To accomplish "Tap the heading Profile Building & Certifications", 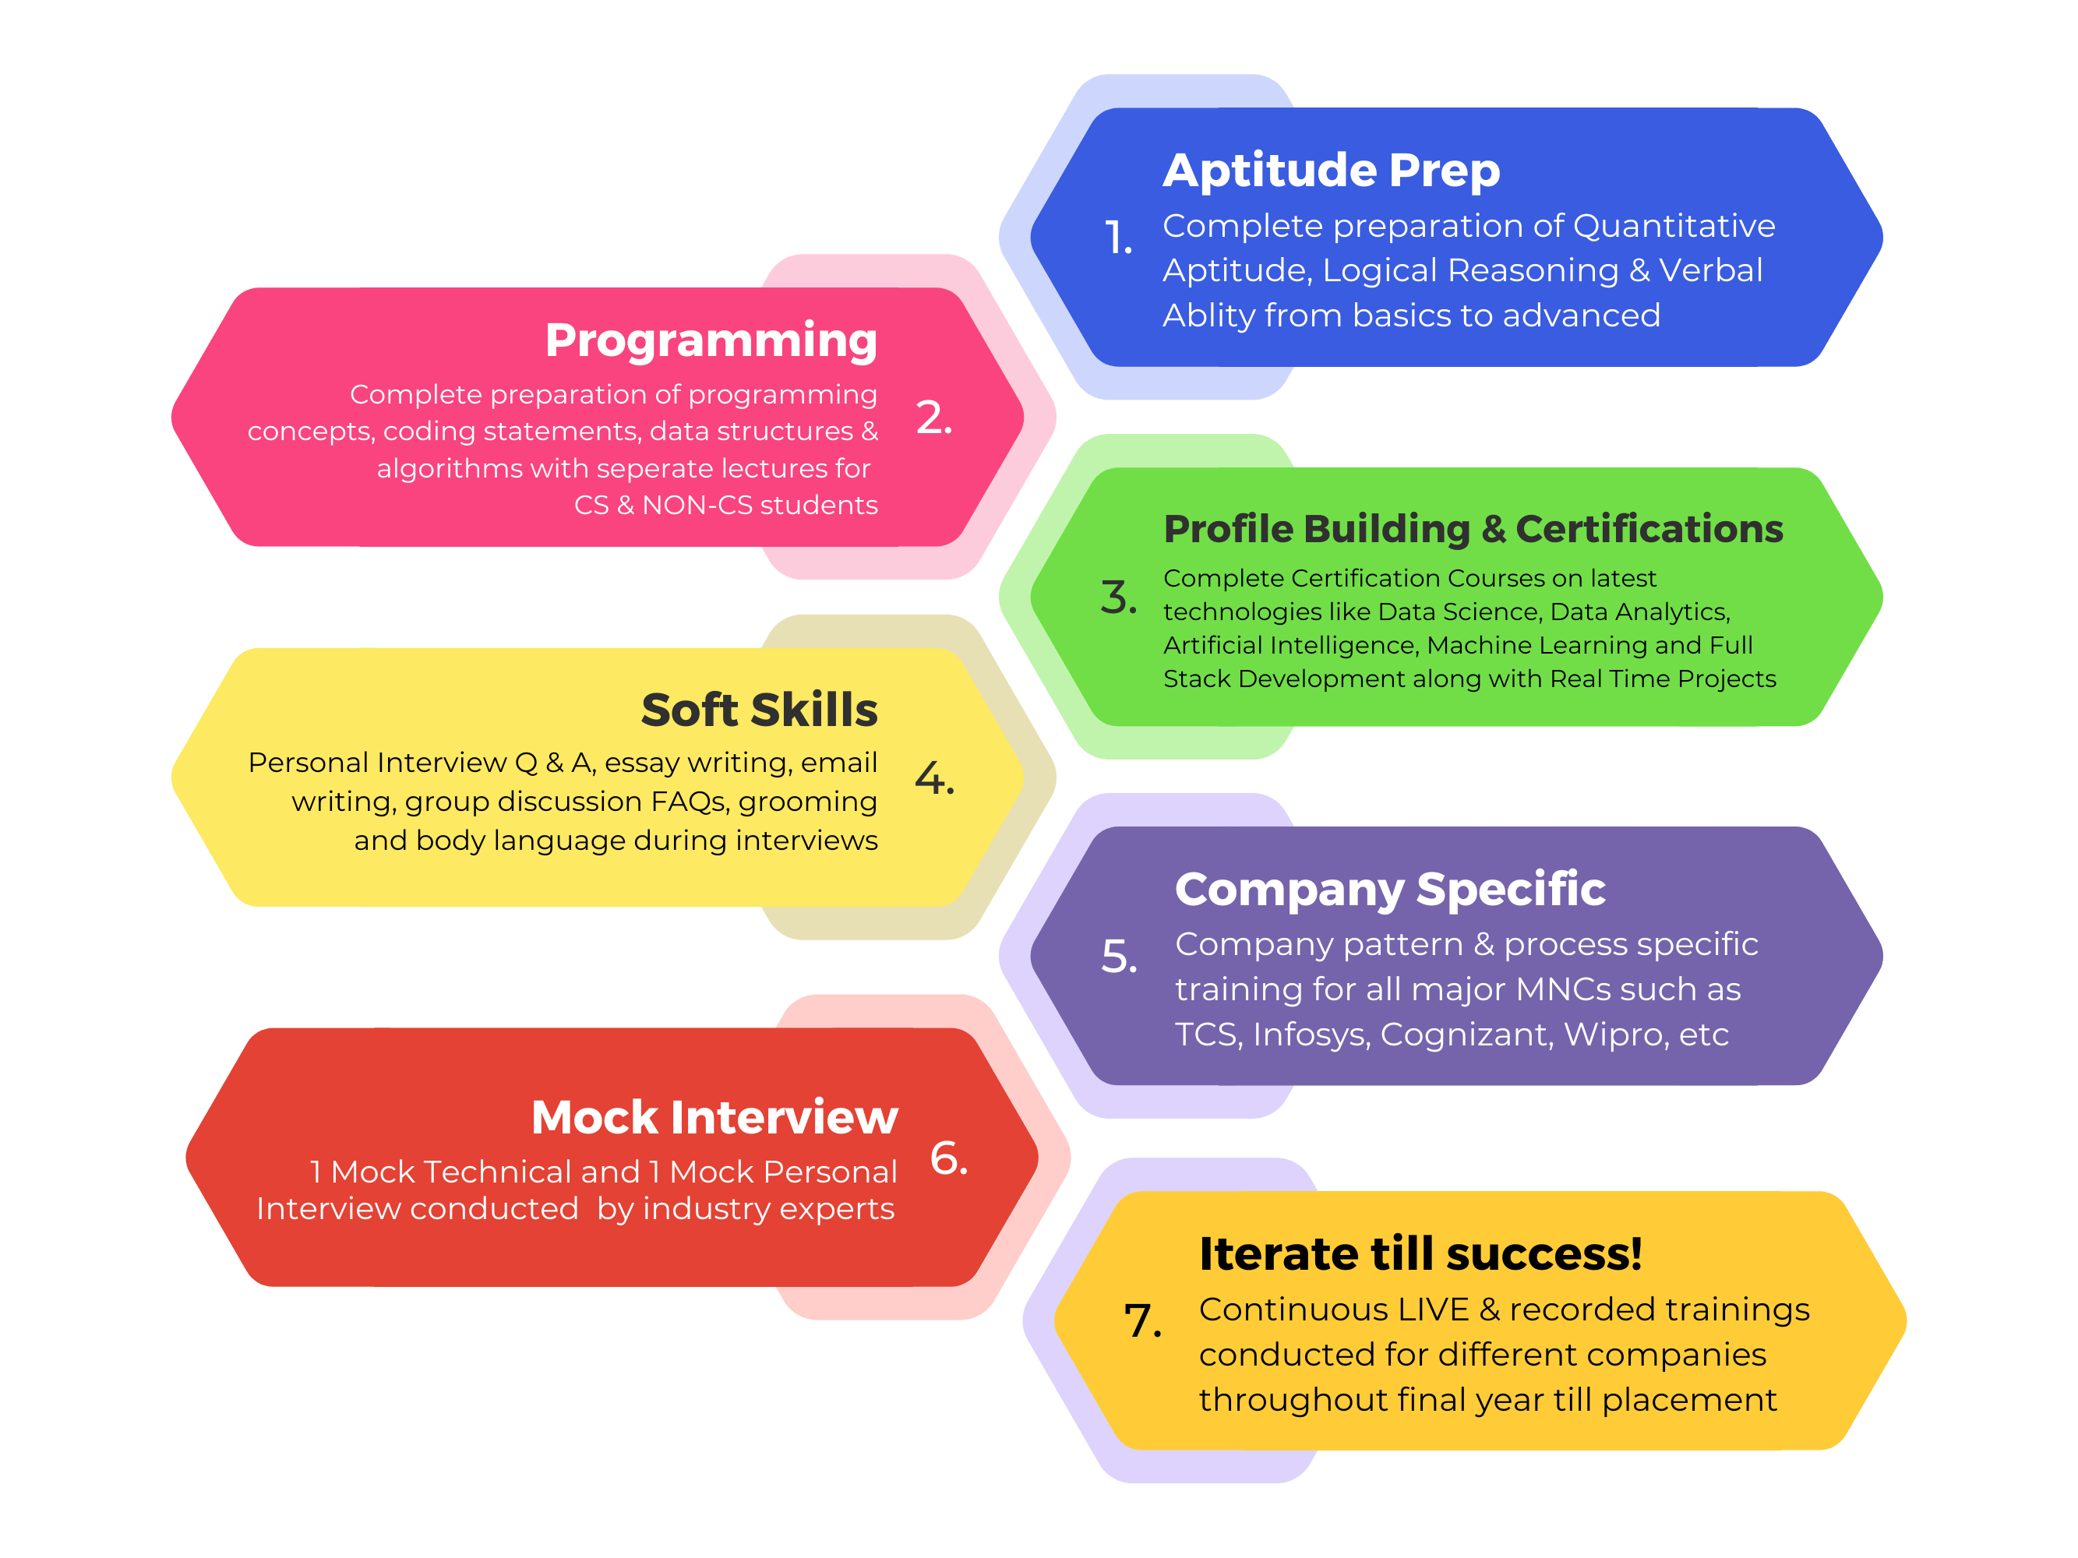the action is [1473, 529].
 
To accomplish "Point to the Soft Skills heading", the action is [759, 709].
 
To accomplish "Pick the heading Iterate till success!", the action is [1420, 1253].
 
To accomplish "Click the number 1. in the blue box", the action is [1118, 238].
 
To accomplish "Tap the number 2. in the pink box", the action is [933, 417].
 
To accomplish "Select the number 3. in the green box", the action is [1118, 597].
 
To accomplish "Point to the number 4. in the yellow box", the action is [935, 777].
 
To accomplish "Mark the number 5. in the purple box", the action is [1119, 957].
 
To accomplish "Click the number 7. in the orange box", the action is [1143, 1320].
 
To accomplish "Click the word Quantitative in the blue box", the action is [1674, 227].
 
